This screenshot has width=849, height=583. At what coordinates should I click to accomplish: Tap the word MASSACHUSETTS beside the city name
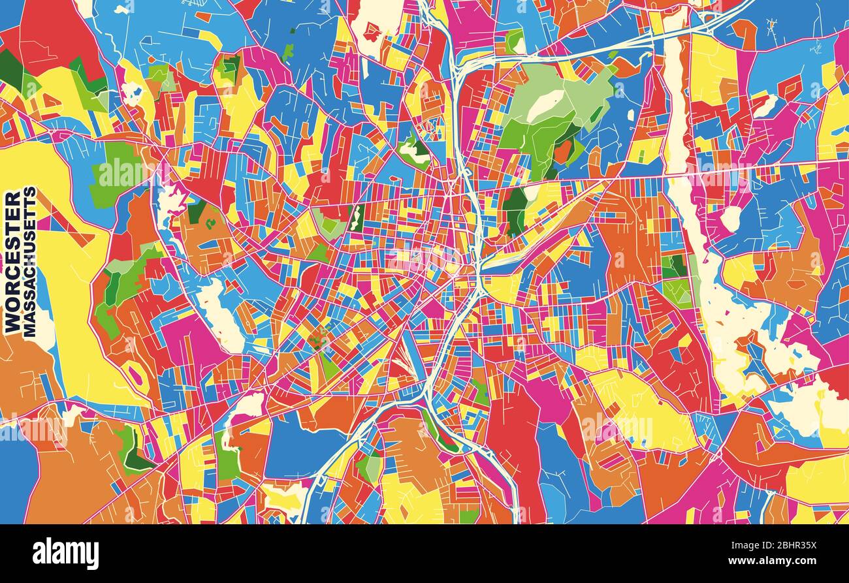[x=30, y=262]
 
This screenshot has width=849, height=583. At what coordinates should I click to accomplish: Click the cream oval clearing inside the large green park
[x=545, y=105]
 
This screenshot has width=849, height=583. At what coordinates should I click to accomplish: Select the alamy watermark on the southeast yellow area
[x=617, y=428]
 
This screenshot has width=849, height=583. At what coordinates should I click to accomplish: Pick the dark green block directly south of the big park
[x=515, y=210]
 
